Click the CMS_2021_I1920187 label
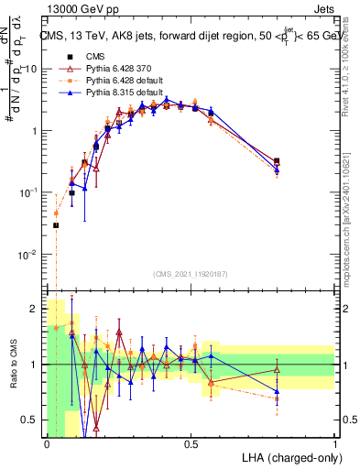[190, 274]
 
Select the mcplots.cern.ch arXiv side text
[352, 211]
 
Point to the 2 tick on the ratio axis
[37, 310]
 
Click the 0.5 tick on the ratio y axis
[32, 420]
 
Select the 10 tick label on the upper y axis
[30, 69]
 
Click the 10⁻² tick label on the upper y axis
[28, 254]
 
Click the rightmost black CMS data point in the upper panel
[277, 161]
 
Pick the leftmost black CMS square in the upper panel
[56, 225]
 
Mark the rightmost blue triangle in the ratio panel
[277, 391]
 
